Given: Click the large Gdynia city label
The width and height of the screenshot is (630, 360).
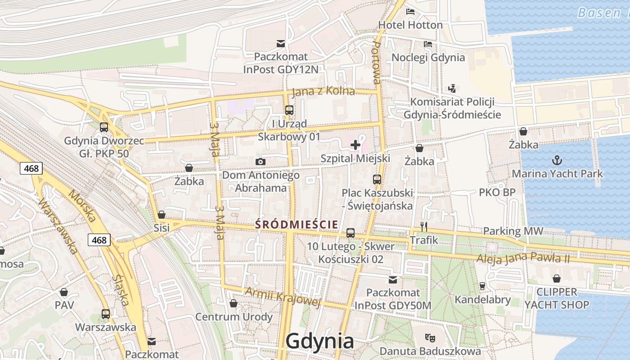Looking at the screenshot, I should [320, 342].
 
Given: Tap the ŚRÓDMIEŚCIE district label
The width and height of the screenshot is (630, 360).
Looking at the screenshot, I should [297, 224].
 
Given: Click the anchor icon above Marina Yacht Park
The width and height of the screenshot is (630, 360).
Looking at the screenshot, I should [557, 160].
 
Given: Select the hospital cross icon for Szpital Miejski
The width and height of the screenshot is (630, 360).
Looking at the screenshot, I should [355, 145].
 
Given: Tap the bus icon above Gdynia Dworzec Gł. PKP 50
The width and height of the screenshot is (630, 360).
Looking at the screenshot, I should [104, 127].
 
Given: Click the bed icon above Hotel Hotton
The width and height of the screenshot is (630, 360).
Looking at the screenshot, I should [410, 12].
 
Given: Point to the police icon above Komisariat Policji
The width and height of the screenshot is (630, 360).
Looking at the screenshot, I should [452, 89].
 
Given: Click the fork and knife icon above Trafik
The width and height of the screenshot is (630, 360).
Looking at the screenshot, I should [423, 227].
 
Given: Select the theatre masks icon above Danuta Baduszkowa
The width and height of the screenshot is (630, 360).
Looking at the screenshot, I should [430, 337].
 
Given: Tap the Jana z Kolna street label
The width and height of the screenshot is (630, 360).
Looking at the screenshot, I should [324, 91].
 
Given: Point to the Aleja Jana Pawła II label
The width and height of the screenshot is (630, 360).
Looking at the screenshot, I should [523, 259].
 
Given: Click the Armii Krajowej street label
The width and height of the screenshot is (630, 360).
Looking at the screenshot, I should [283, 297].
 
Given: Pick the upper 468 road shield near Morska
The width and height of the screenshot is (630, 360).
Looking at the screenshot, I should [31, 168].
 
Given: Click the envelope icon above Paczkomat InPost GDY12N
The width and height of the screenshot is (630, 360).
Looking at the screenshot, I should [281, 43].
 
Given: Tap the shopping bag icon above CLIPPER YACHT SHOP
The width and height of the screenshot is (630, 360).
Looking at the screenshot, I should [557, 279].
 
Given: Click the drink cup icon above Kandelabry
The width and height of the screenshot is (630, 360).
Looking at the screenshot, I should [482, 286].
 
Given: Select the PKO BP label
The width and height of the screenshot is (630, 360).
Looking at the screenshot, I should [497, 192].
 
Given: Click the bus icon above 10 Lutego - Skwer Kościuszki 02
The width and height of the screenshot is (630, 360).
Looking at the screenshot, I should [351, 233].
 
